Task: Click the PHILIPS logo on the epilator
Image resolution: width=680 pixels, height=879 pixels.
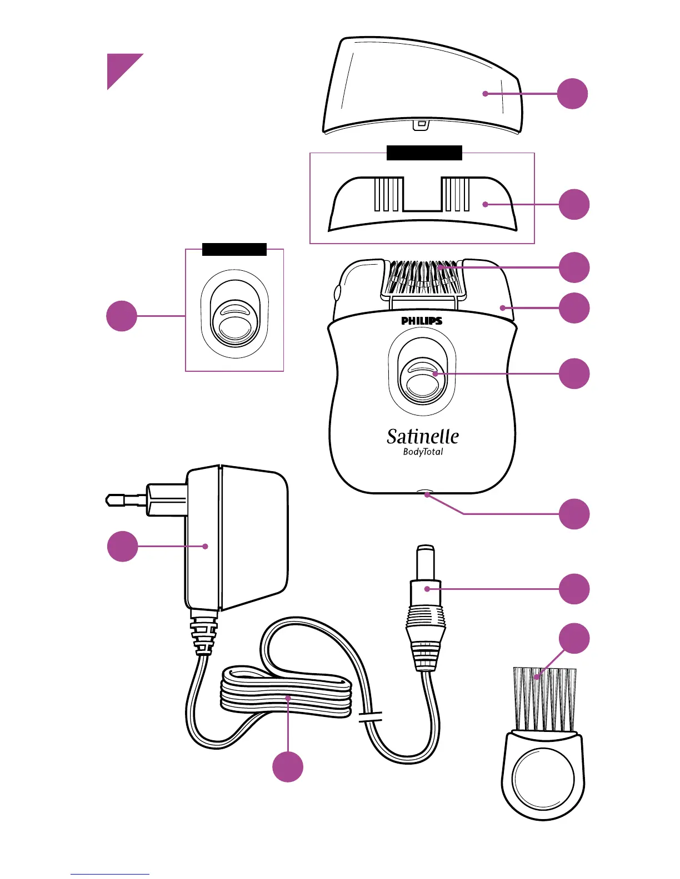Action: coord(422,321)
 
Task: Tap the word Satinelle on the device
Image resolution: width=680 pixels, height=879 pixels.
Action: coord(423,437)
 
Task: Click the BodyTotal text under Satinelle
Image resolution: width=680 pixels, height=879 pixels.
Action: coord(423,452)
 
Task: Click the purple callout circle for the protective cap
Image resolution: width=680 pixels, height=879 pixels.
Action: coord(572,94)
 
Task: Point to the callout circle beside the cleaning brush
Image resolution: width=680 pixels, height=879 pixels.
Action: coord(574,638)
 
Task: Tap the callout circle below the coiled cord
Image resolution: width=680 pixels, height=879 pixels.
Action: coord(288,767)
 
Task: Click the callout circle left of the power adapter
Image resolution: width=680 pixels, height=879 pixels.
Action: coord(122,546)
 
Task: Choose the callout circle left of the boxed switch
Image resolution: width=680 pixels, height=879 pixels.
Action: coord(122,316)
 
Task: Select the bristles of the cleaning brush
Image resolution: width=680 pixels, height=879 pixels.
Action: coord(545,699)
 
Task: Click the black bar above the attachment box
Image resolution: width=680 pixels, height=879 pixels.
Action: coord(424,153)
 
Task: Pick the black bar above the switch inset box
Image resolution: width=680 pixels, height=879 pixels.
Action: coord(234,249)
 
